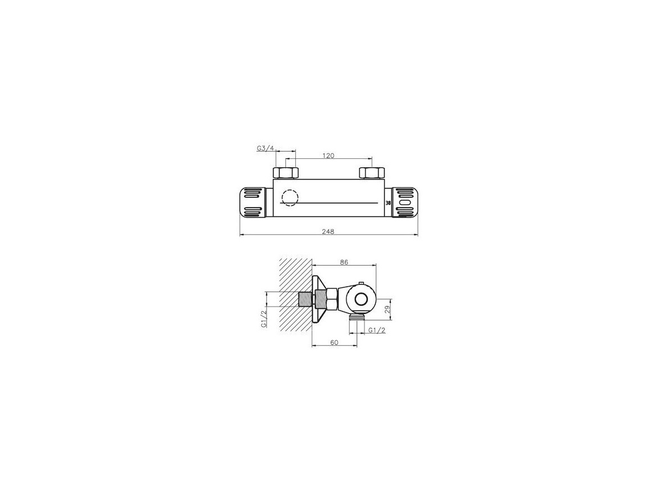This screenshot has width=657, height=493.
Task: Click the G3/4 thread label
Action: pyautogui.click(x=265, y=148)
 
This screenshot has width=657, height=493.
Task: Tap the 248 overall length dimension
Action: pyautogui.click(x=328, y=231)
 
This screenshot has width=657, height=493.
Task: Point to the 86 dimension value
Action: pyautogui.click(x=344, y=261)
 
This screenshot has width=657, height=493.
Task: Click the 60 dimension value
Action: pyautogui.click(x=334, y=341)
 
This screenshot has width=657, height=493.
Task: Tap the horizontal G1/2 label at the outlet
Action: pyautogui.click(x=377, y=330)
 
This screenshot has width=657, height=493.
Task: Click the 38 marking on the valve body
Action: pyautogui.click(x=388, y=203)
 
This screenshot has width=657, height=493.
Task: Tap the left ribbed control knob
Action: pyautogui.click(x=253, y=202)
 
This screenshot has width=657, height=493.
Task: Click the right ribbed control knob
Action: pyautogui.click(x=405, y=202)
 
